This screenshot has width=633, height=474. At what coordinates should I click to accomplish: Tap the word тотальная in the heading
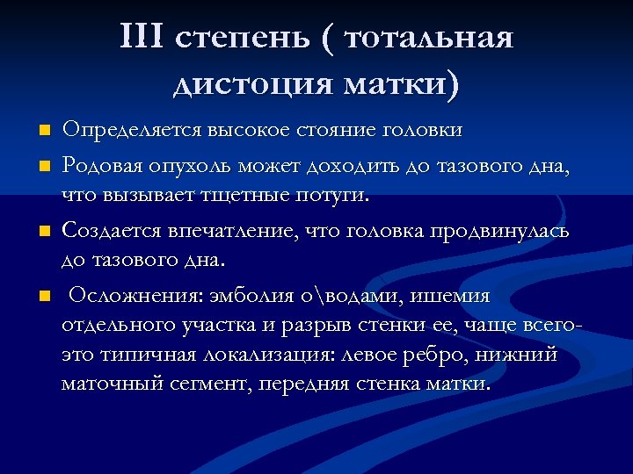coord(429,38)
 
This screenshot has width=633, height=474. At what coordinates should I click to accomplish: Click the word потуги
coord(338,195)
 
